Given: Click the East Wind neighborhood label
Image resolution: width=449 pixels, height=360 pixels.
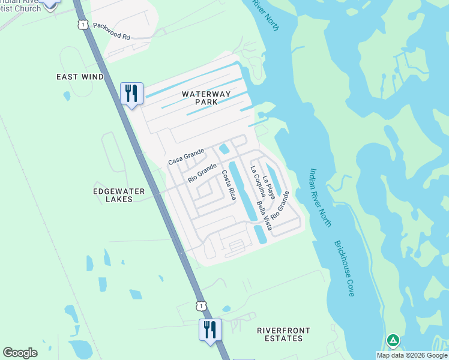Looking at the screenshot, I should point(80,77).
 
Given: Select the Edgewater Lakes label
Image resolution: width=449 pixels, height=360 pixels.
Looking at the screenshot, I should point(119,195).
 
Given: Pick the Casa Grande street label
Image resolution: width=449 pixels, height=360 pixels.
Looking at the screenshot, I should point(187,157).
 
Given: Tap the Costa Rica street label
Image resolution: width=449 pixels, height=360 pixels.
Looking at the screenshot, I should point(229,185).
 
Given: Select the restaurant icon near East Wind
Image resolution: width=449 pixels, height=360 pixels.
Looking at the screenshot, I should point(131,94).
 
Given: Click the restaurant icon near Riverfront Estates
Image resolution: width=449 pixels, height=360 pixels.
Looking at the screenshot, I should point(210,330).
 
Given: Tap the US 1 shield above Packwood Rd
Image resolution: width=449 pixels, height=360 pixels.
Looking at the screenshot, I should point(82,23).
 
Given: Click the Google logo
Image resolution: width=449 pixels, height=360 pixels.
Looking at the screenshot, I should point(20,353).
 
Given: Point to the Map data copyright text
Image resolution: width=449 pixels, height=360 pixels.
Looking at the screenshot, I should point(412,355).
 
